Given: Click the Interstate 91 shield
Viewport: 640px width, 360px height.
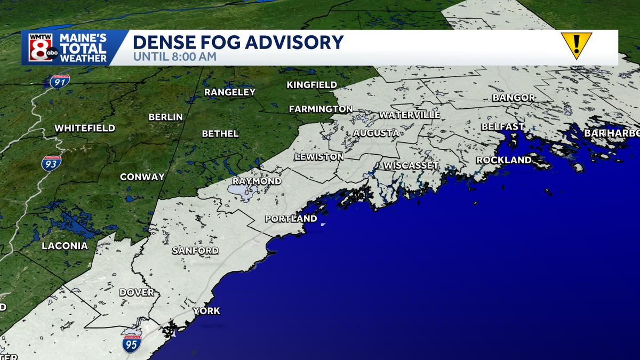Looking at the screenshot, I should tap(60, 82).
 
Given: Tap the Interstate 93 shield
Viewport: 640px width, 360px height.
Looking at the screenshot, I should tap(51, 163).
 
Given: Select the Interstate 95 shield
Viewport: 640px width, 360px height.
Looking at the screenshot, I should tap(131, 344).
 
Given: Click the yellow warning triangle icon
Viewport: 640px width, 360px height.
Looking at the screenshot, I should tap(576, 45).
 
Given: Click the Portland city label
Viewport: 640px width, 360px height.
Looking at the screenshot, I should tap(291, 219).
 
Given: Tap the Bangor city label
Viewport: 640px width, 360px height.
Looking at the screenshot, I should tap(514, 98).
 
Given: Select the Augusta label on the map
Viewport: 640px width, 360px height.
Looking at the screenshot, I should tap(376, 133).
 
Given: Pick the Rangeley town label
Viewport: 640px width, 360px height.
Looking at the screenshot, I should tap(230, 92).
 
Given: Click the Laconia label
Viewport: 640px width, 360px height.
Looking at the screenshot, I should tap(65, 246).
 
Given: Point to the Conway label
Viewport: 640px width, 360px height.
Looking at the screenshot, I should tap(142, 177).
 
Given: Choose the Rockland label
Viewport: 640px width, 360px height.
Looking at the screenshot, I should tap(503, 160).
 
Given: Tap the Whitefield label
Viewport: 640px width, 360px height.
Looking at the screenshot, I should tap(85, 128).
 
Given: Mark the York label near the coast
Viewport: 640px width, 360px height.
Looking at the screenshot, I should tap(206, 311).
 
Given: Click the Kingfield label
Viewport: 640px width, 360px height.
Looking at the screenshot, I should tap(311, 85).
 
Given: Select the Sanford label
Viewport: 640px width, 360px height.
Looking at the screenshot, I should tap(195, 251).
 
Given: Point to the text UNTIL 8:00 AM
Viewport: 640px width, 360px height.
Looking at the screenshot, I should tap(175, 56).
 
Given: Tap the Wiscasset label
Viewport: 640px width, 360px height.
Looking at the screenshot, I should tap(411, 165).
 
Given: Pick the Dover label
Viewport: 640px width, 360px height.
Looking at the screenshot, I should tap(137, 292).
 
